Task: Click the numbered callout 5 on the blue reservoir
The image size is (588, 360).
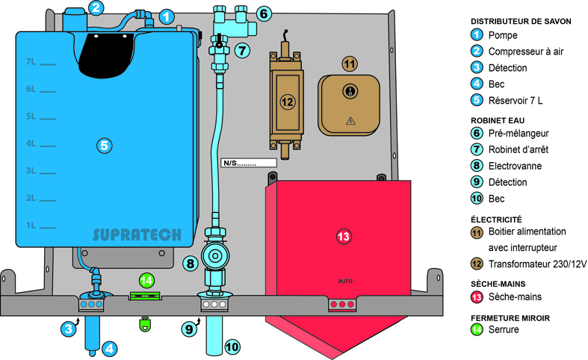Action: point(105,145)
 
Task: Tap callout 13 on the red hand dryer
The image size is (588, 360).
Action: point(344,237)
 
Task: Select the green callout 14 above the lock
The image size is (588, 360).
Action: point(146,281)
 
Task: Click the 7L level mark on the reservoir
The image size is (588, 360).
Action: point(31,62)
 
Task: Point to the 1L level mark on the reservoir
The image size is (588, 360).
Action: point(31,225)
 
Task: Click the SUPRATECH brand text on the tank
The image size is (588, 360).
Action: point(137,235)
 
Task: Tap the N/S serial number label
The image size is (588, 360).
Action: point(249,162)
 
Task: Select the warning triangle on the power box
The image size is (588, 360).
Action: point(350,120)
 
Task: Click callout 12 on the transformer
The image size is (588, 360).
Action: point(288,100)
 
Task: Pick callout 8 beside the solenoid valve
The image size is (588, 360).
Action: point(190,263)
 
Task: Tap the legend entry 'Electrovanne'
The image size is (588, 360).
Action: point(515,166)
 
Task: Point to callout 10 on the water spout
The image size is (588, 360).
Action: point(233,346)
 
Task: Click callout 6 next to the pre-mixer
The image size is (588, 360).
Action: point(264,13)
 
